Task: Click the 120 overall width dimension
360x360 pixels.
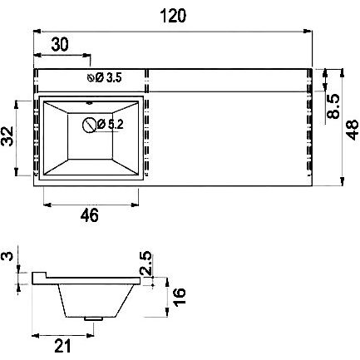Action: [x=173, y=16]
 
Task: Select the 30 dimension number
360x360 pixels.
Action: [x=60, y=44]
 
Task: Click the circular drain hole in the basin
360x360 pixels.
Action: [x=90, y=126]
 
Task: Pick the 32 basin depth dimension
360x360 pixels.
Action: [x=7, y=136]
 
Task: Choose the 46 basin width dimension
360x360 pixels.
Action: [x=89, y=215]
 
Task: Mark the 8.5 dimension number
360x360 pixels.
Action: [x=333, y=106]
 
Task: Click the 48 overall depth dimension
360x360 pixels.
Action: [x=352, y=130]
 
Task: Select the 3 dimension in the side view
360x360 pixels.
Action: [x=7, y=256]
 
